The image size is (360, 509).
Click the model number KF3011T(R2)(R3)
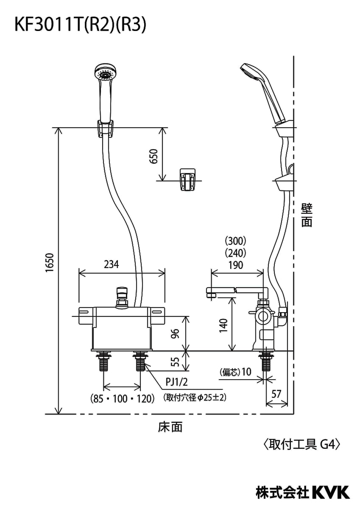[81, 25]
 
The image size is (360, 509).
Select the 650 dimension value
[154, 157]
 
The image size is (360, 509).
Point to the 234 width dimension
[112, 264]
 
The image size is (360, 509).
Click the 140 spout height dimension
[224, 324]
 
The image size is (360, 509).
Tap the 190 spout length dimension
[235, 266]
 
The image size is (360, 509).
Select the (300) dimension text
[235, 241]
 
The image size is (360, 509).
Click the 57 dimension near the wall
[276, 394]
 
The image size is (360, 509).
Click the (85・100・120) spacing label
[122, 399]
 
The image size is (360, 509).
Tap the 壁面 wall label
[307, 215]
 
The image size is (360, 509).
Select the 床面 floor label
[170, 427]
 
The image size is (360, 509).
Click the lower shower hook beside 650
[187, 181]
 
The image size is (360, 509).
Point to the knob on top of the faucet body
[122, 296]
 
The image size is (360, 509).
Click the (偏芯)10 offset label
[236, 372]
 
